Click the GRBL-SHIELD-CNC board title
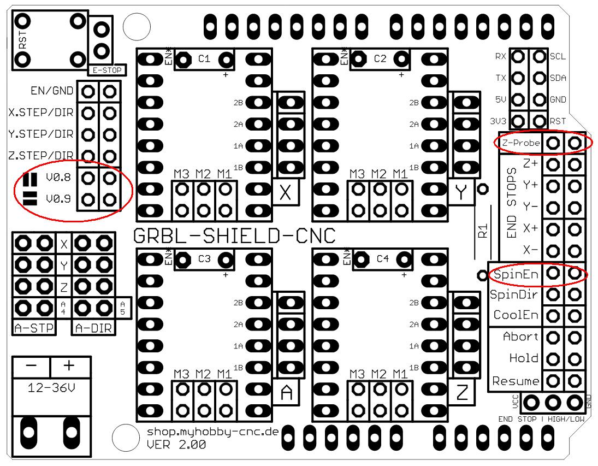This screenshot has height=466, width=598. pos(234,236)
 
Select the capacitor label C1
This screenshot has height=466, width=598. pos(204,59)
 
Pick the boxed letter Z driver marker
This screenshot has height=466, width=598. pos(462,393)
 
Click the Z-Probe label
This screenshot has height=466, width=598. pos(521,143)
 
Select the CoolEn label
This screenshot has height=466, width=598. pos(516,315)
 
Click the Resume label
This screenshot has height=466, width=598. pos(516,381)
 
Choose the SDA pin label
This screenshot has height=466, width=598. pos(558,78)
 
